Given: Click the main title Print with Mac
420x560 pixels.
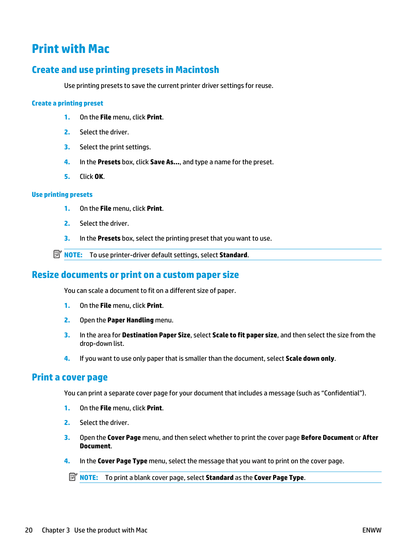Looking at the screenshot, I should tap(70, 49).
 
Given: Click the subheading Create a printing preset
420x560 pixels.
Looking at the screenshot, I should tap(67, 103).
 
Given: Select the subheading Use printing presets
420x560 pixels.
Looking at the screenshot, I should tap(62, 194).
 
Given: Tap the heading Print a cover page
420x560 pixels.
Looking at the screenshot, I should tap(70, 377).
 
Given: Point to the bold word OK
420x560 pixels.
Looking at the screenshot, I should tap(99, 176).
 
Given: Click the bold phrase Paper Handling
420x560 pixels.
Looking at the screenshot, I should tap(130, 320).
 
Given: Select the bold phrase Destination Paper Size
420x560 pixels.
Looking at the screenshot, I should tap(156, 335).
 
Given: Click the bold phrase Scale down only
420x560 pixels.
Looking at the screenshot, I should tap(310, 358).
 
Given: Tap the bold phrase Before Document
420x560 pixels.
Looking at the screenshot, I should tap(327, 437).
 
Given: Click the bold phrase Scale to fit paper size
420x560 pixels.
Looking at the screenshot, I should tap(245, 335).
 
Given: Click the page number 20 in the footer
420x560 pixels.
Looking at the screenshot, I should tap(29, 530).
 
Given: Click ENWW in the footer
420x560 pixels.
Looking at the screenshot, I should tap(372, 530).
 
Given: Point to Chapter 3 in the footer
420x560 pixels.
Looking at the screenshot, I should tap(56, 530).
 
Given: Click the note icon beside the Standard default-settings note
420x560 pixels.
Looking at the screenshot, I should tap(57, 254).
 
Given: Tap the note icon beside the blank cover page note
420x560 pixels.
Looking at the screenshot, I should tap(73, 477).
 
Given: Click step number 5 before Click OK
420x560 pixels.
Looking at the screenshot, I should tap(67, 176).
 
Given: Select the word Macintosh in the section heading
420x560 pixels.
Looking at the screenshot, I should tap(197, 70).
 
